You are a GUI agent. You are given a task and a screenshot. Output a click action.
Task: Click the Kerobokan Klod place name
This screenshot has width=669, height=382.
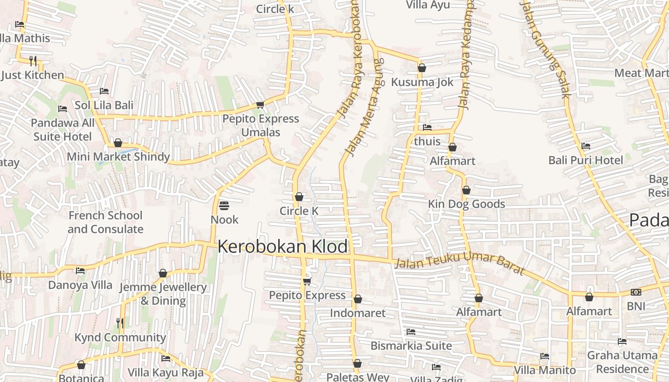point(282,247)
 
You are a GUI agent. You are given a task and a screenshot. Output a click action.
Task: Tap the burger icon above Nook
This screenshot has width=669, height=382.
point(224,206)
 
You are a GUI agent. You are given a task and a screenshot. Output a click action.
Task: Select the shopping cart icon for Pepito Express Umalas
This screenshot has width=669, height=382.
point(260,105)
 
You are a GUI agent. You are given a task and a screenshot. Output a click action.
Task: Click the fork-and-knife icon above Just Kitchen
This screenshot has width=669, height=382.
point(33,61)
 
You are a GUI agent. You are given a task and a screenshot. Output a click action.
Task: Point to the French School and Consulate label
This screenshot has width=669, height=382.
point(105,222)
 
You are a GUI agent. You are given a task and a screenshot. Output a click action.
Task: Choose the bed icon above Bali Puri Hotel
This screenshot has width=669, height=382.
point(586,146)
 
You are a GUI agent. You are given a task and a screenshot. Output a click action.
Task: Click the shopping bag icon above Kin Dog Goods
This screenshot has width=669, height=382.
point(466,190)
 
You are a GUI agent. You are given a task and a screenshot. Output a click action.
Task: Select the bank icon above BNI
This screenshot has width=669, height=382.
point(636,292)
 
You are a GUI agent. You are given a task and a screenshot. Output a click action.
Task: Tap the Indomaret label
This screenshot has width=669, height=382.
point(358,313)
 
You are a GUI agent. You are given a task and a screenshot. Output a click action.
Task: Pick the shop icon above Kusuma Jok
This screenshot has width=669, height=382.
point(421,68)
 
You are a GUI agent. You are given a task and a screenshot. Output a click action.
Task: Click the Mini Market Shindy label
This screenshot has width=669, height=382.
point(118,157)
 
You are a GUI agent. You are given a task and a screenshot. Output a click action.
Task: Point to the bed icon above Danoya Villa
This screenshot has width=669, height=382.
point(80,271)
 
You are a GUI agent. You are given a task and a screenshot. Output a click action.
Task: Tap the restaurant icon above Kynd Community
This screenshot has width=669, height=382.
point(120,323)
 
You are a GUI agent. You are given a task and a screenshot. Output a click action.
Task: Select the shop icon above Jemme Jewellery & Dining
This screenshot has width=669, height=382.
point(163,273)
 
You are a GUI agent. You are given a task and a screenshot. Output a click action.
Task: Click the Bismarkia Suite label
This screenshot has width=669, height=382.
point(411,345)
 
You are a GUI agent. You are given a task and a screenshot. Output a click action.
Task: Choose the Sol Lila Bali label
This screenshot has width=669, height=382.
point(104,105)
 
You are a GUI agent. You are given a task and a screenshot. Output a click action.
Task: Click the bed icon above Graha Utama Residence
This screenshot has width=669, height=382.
point(622,341)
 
